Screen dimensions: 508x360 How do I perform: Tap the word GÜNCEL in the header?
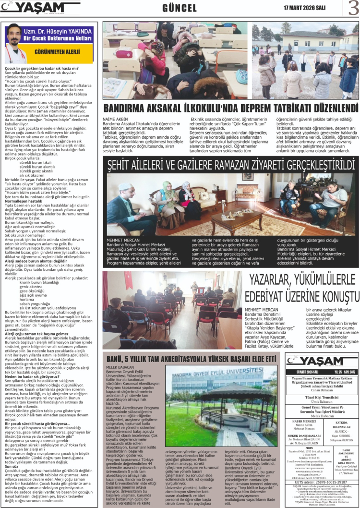(x=180, y=8)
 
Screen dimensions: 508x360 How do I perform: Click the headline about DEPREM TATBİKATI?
(x=231, y=108)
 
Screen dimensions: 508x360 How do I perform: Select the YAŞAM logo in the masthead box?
(x=321, y=361)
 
